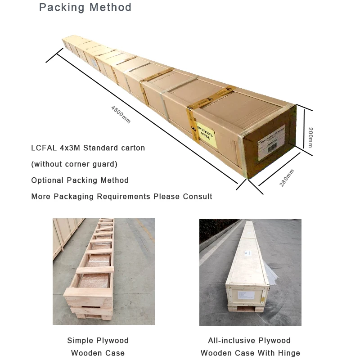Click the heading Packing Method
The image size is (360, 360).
pyautogui.click(x=85, y=8)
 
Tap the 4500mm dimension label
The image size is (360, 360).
pyautogui.click(x=121, y=114)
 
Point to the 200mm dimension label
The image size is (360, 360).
pyautogui.click(x=310, y=137)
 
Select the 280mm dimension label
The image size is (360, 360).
pyautogui.click(x=287, y=178)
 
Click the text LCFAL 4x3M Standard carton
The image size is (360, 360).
pyautogui.click(x=88, y=148)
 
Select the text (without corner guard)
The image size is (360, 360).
pyautogui.click(x=74, y=164)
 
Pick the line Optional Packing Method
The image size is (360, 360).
pyautogui.click(x=80, y=180)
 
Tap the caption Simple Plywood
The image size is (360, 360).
pyautogui.click(x=98, y=341)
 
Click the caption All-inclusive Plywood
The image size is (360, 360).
pyautogui.click(x=249, y=341)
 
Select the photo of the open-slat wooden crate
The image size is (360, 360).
pyautogui.click(x=103, y=271)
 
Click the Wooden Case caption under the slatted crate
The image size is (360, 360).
pyautogui.click(x=98, y=353)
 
